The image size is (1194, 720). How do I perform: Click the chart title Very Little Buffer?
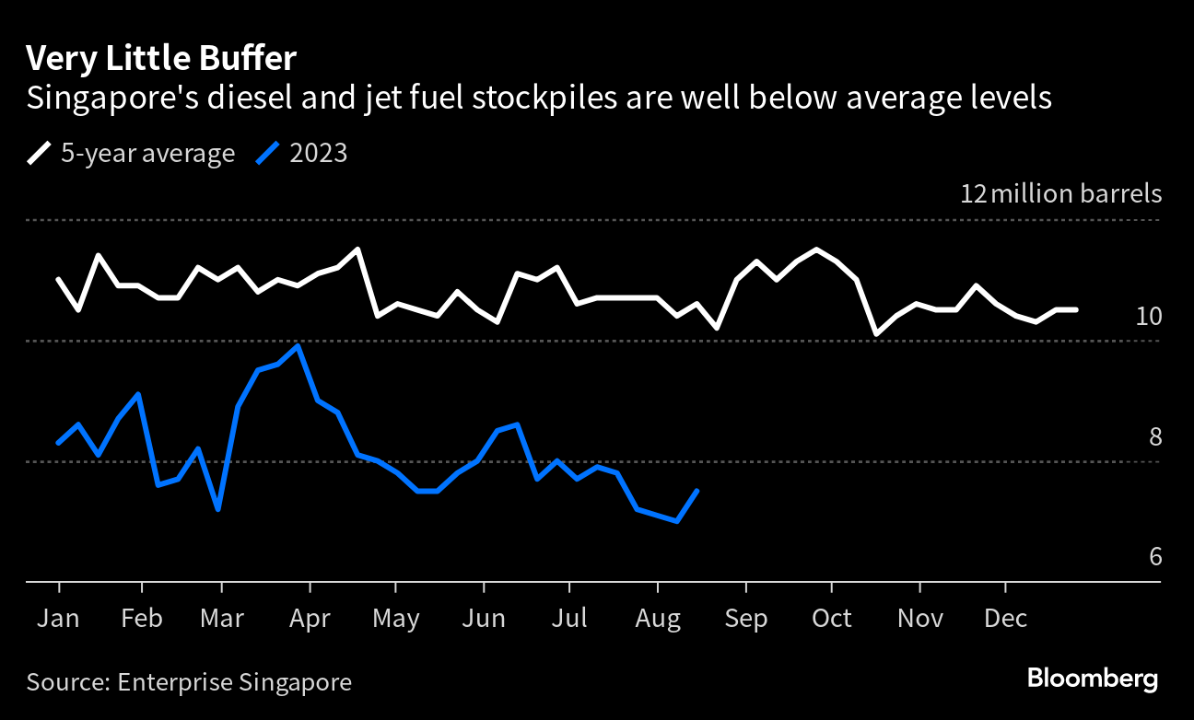point(161,59)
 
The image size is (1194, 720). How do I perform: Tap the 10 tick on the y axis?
point(1149,317)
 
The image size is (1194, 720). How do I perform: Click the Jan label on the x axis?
point(58,619)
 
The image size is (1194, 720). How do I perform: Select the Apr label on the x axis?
point(309,619)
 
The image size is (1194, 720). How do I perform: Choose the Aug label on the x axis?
point(657,619)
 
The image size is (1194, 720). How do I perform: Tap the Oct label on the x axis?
point(831,619)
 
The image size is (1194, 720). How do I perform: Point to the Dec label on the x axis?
point(1005,619)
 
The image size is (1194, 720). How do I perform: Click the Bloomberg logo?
point(1092,679)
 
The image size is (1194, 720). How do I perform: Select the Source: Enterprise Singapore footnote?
point(189,682)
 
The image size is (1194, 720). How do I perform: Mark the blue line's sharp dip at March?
point(218,509)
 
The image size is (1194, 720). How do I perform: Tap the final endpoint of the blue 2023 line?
point(697,491)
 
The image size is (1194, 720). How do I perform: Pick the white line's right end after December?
point(1076,310)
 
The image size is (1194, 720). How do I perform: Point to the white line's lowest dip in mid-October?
point(876,333)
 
